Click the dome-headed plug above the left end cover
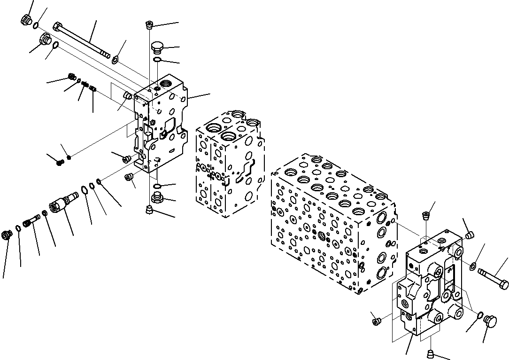point(157,47)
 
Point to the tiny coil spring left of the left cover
point(85,85)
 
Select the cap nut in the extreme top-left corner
point(26,20)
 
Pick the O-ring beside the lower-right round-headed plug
point(481,315)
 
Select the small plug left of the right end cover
point(376,321)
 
